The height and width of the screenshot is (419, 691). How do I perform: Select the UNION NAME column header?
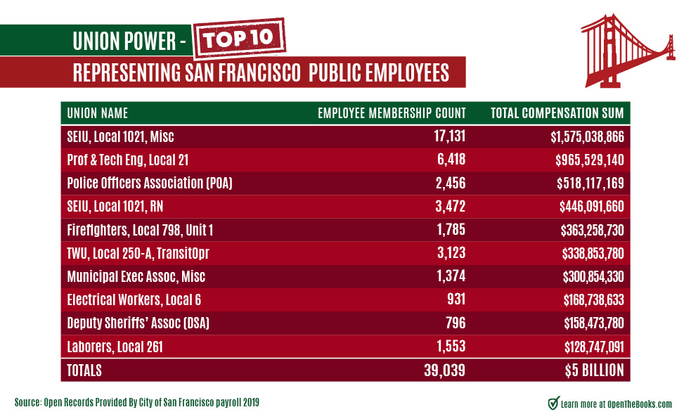98,113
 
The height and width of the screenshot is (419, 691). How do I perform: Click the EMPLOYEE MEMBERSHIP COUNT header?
392,113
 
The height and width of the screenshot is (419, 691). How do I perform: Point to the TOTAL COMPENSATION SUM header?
557,113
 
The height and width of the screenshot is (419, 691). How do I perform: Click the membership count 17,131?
444,136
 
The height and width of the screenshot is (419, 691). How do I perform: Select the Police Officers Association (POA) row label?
149,183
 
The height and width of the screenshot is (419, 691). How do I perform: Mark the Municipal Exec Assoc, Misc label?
136,276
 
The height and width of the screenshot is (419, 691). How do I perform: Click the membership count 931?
454,299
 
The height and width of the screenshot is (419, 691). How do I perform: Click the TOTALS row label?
84,370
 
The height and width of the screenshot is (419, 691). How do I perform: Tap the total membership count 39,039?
444,370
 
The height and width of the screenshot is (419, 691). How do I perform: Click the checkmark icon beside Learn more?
553,403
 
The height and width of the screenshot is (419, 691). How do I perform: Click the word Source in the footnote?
28,403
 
